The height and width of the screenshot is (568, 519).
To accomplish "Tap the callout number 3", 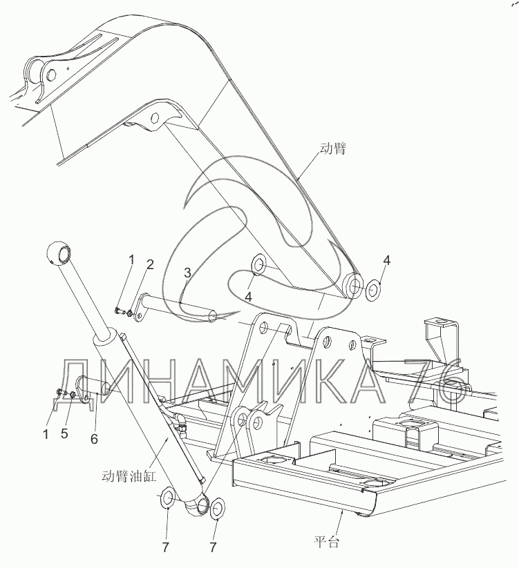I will (x=187, y=274).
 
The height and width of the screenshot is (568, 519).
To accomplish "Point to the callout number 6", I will (x=95, y=440).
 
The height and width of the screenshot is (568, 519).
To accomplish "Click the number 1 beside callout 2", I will (x=130, y=259).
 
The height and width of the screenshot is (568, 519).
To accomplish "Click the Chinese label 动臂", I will (x=333, y=148).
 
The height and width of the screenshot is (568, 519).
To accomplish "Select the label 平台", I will (x=325, y=542).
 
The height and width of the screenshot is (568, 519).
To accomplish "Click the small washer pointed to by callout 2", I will (x=129, y=315).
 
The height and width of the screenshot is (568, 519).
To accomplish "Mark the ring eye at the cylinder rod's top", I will (x=58, y=253).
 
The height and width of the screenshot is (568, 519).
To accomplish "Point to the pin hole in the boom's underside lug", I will (x=155, y=117).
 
